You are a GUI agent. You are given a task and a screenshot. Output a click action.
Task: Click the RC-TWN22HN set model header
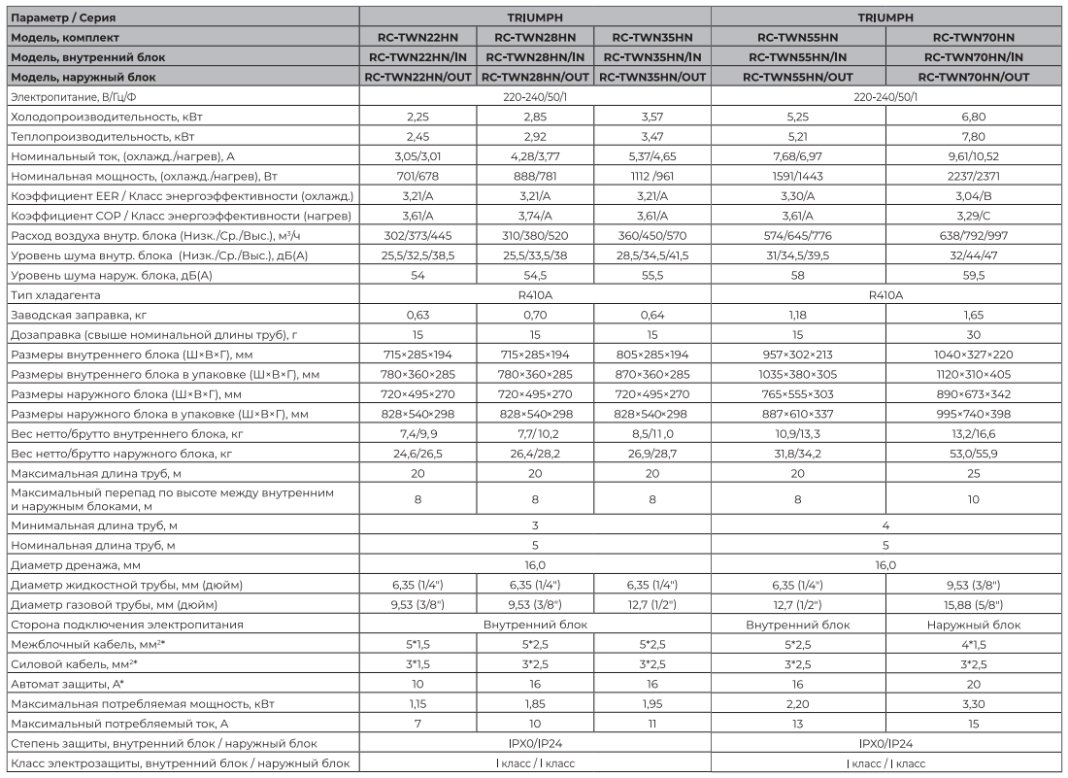(417, 37)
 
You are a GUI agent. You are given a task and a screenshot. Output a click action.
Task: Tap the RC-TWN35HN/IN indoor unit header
(652, 56)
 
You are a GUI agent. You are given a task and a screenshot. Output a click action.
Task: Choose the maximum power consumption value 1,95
(652, 704)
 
